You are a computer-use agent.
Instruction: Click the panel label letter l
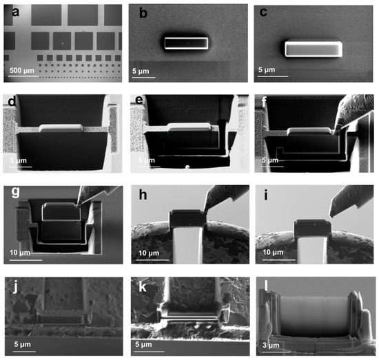(x=265, y=284)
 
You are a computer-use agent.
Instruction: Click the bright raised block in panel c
(x=313, y=49)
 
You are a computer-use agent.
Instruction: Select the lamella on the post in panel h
(x=187, y=218)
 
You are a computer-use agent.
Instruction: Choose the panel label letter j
(x=12, y=284)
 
